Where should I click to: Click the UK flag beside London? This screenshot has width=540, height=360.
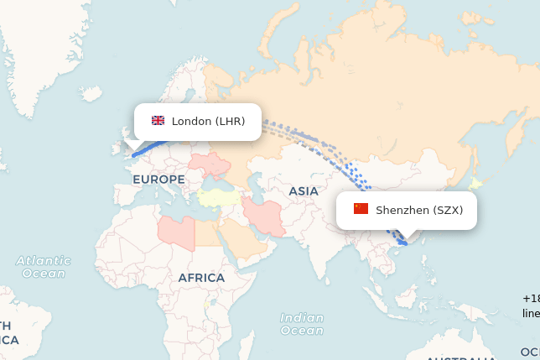pos(158,121)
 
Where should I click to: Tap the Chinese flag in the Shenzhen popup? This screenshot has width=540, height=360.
pos(361,209)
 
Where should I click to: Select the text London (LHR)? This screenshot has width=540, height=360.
pos(208,121)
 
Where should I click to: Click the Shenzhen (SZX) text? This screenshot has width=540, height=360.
pos(418,210)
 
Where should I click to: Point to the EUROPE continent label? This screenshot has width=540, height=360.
pos(158,180)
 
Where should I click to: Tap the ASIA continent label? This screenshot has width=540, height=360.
pos(304,191)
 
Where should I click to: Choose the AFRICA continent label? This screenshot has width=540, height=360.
pos(201,278)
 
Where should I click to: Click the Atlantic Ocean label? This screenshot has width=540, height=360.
pos(44,267)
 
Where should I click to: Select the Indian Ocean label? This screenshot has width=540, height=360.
pos(302,324)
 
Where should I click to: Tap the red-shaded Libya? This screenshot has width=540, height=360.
pos(177,230)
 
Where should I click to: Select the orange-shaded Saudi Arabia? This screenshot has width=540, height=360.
pos(243,240)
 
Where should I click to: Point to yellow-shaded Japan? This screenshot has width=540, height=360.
pos(475,184)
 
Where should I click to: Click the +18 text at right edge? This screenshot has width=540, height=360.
pos(532,299)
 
